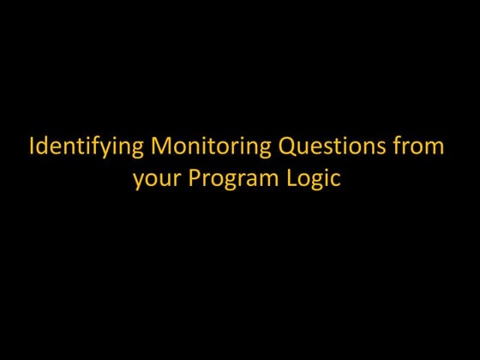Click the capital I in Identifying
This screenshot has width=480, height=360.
(x=32, y=146)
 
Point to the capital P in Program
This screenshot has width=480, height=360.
(x=192, y=179)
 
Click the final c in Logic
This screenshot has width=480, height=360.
(x=335, y=181)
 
